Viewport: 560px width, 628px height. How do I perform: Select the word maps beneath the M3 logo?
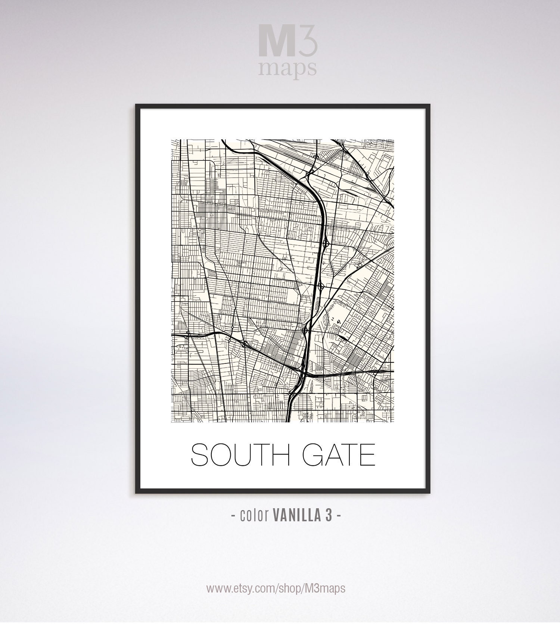pyautogui.click(x=288, y=68)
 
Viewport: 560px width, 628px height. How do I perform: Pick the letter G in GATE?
pyautogui.click(x=313, y=454)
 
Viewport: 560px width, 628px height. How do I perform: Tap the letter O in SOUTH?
pyautogui.click(x=221, y=454)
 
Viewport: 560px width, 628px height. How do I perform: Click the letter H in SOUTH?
pyautogui.click(x=280, y=454)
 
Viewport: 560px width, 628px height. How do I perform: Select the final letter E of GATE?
pyautogui.click(x=367, y=454)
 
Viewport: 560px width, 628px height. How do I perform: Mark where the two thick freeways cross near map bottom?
pyautogui.click(x=304, y=373)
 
